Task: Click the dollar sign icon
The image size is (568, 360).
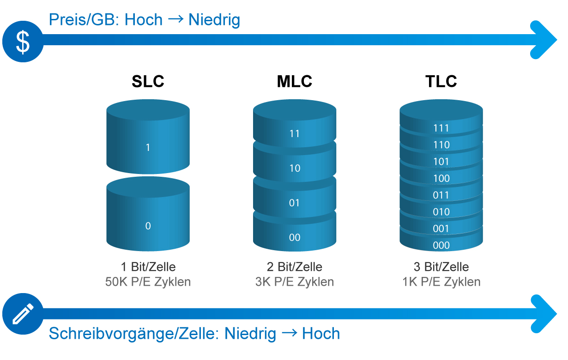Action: click(x=23, y=42)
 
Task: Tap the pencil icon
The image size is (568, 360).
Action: click(x=23, y=314)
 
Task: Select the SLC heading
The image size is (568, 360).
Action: click(x=148, y=81)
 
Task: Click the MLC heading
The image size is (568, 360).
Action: click(x=295, y=81)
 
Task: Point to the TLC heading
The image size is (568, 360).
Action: click(x=441, y=81)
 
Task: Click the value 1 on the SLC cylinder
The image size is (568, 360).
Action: click(x=148, y=147)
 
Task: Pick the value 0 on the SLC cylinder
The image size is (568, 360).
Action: click(x=148, y=226)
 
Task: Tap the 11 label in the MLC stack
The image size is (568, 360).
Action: click(x=295, y=133)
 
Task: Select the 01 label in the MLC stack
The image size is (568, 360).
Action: click(x=295, y=203)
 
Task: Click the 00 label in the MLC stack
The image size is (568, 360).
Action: click(x=295, y=238)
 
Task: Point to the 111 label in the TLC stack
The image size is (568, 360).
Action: click(x=441, y=128)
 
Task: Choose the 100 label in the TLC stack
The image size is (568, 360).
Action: click(x=441, y=179)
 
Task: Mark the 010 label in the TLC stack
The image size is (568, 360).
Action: click(x=441, y=212)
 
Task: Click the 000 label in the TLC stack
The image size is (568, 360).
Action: click(x=441, y=246)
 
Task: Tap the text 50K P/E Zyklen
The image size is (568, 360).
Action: click(x=148, y=282)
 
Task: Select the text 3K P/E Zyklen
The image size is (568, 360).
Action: click(x=295, y=282)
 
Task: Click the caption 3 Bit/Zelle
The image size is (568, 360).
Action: click(x=441, y=267)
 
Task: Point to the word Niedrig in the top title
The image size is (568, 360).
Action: click(x=214, y=20)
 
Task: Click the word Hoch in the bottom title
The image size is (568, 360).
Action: click(x=321, y=333)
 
